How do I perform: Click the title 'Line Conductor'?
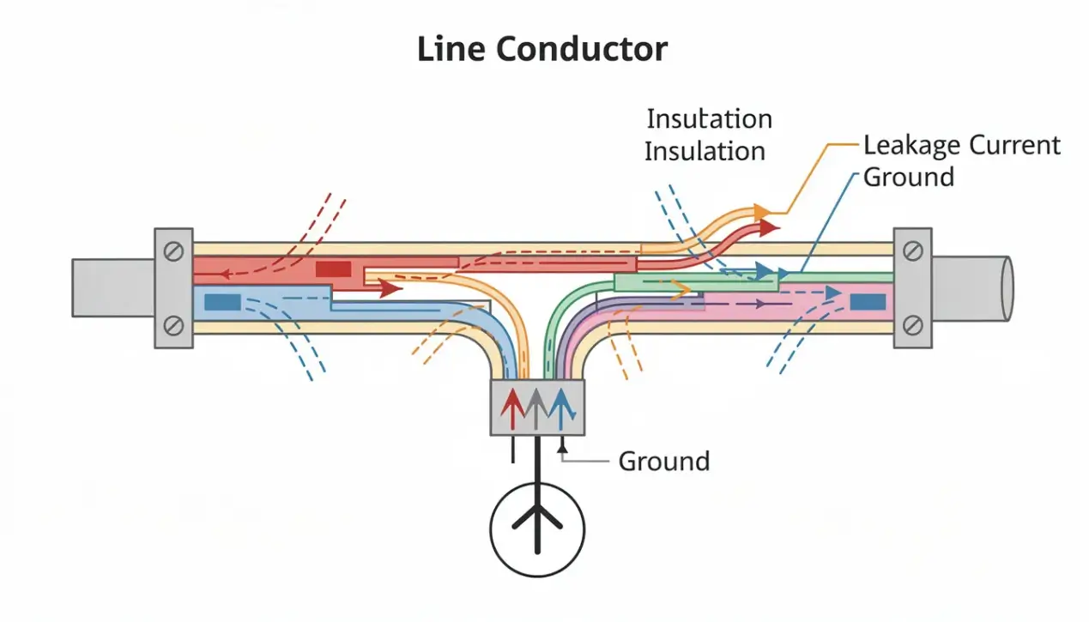[541, 49]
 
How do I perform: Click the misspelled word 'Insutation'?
[709, 118]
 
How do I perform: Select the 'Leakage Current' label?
[961, 145]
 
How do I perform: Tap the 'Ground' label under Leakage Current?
[908, 178]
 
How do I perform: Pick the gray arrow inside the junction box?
[535, 407]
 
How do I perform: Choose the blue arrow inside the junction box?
[560, 407]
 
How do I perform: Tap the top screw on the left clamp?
[173, 251]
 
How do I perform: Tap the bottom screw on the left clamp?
[173, 324]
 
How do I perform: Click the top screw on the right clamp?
[913, 251]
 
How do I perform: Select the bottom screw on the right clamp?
[913, 324]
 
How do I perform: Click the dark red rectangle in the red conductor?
[333, 269]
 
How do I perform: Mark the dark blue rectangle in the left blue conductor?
[222, 301]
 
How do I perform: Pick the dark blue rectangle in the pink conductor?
[868, 301]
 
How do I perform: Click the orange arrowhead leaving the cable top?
[759, 211]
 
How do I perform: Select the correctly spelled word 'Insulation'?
[704, 151]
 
